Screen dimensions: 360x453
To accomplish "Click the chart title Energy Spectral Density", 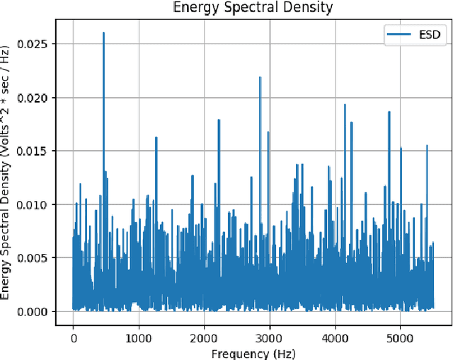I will pyautogui.click(x=253, y=8).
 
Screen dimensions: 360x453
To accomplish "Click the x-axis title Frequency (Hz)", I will pyautogui.click(x=253, y=353).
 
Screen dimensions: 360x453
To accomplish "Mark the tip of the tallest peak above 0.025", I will pyautogui.click(x=103, y=33).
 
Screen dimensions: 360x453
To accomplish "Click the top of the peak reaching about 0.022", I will pyautogui.click(x=260, y=77).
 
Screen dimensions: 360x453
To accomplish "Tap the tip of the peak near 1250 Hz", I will pyautogui.click(x=156, y=137).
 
